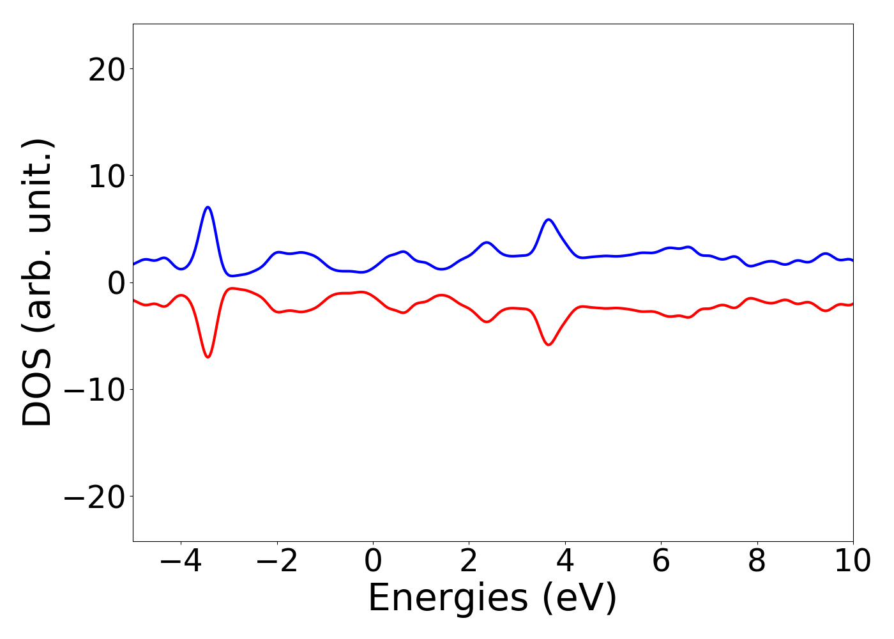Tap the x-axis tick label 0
coord(373,562)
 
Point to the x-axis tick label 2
coord(469,562)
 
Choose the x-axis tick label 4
coord(565,562)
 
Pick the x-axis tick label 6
coord(661,562)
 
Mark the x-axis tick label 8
coord(757,562)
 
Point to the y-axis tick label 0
coord(115,283)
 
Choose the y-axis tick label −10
coord(94,390)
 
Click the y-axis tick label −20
coord(94,497)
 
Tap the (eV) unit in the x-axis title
coord(580,599)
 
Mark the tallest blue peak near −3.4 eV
coord(208,207)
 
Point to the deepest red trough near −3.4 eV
coord(208,357)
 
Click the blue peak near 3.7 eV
coord(548,220)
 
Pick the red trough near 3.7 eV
coord(548,344)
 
